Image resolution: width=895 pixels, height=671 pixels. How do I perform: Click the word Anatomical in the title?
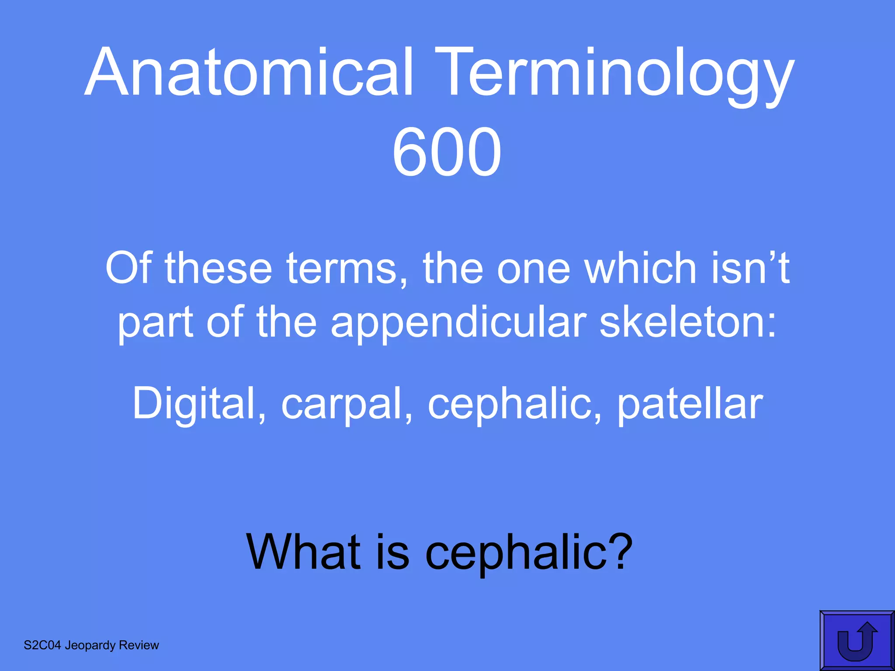(250, 72)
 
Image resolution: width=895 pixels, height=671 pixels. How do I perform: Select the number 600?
(446, 152)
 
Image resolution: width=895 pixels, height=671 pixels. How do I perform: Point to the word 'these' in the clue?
(219, 268)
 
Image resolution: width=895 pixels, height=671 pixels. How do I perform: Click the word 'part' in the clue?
(156, 322)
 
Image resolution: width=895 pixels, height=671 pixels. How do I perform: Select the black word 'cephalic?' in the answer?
(529, 552)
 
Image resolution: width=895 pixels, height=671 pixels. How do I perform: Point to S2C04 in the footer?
(42, 645)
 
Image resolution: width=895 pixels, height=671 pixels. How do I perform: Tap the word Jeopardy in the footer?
(90, 645)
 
